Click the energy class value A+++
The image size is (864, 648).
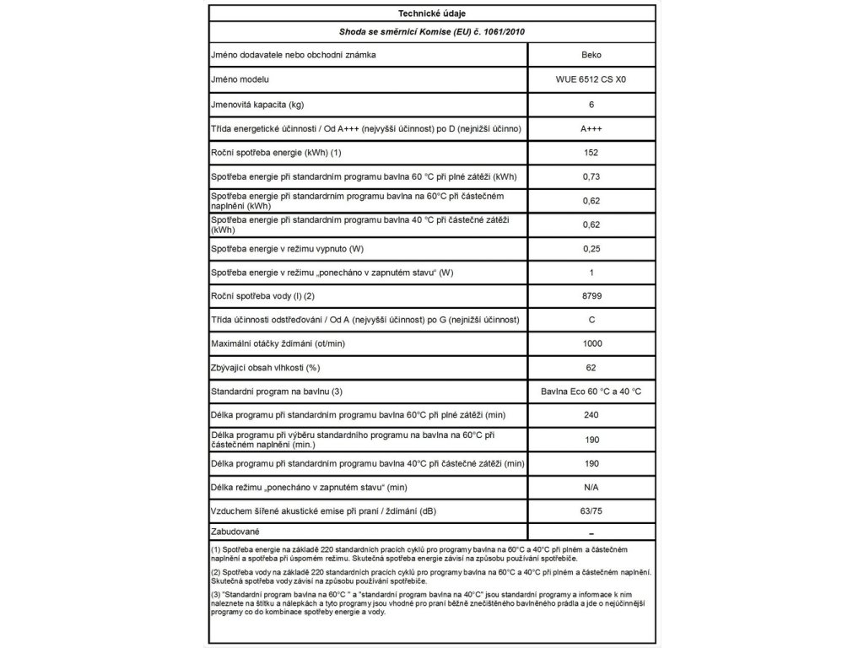tap(591, 128)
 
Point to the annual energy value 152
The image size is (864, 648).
tap(591, 153)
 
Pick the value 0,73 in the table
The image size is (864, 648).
tap(591, 177)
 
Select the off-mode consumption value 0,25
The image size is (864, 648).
tap(591, 250)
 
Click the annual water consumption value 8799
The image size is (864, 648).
tap(591, 299)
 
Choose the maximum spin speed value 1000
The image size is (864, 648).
tap(591, 343)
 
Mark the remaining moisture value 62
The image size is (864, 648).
tap(591, 368)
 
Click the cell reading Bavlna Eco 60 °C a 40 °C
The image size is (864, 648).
tap(591, 392)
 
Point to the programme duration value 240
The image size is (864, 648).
tap(591, 416)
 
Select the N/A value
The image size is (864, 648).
tap(591, 489)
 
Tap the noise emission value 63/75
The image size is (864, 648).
tap(591, 513)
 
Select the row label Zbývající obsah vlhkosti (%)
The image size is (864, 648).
tap(266, 368)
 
